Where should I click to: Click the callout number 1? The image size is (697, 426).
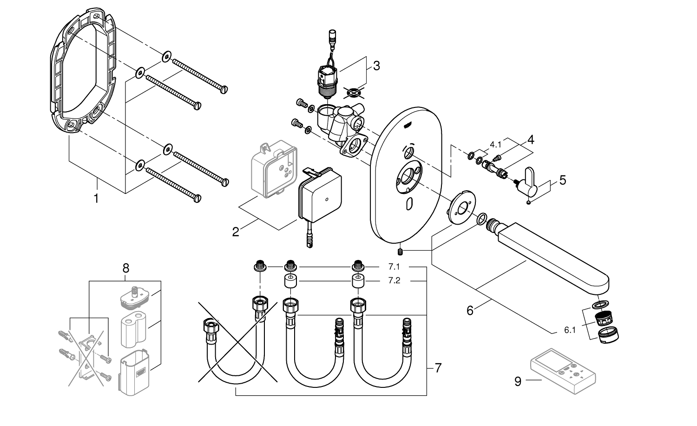click(96, 199)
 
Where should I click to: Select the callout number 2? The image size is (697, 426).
click(236, 231)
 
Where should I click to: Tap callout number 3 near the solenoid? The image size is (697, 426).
click(376, 66)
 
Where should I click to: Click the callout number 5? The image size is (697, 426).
click(563, 180)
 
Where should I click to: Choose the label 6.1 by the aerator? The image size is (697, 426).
click(570, 331)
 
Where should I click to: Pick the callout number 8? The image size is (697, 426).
click(125, 268)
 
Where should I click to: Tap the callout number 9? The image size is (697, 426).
click(519, 381)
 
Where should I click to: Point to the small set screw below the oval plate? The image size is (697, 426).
click(400, 252)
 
